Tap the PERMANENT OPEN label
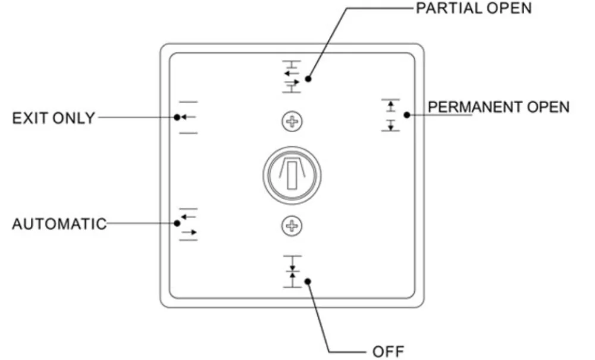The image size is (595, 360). (x=499, y=107)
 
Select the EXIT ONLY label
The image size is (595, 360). (x=54, y=118)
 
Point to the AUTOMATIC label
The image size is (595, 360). (x=59, y=224)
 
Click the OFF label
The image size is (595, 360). (x=388, y=352)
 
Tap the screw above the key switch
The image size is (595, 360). (x=292, y=122)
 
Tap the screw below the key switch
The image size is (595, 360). (x=292, y=226)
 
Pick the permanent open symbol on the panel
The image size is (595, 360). (x=390, y=115)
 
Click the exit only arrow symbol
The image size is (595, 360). (x=188, y=117)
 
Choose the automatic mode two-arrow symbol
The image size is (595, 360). (x=188, y=224)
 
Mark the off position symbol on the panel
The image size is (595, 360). (x=292, y=271)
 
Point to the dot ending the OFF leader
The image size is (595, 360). (x=308, y=281)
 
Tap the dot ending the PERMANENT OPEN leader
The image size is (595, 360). (x=407, y=115)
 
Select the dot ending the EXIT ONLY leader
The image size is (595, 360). (x=177, y=117)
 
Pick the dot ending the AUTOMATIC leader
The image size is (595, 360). (x=177, y=223)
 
